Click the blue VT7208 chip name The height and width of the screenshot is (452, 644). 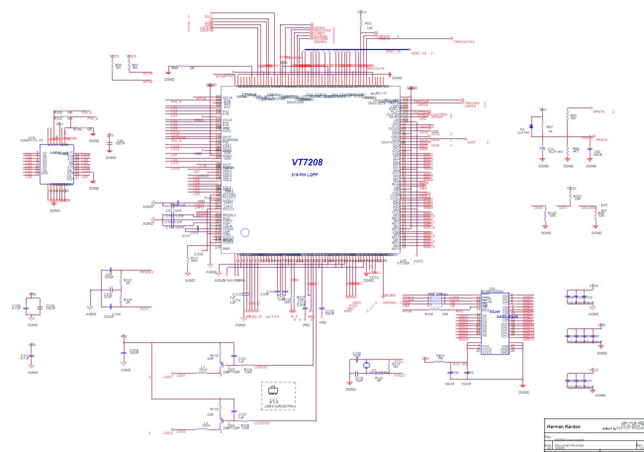pos(307,162)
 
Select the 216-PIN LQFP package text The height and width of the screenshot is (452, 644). pos(304,175)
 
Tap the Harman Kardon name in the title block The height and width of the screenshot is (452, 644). pos(563,426)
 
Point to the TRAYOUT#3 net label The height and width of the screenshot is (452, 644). pos(463,42)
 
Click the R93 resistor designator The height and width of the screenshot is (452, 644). pos(368,23)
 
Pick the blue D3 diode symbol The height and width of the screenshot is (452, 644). pos(531,126)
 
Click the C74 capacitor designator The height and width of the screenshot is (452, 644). pos(551,149)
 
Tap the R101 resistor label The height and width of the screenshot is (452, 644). pos(578,196)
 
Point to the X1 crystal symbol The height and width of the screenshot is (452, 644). pos(367,366)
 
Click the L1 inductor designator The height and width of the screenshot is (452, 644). pos(203,367)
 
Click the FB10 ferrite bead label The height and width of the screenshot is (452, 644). pos(440,355)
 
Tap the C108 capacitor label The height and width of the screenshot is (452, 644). pos(134,350)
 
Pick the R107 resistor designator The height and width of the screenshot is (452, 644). pos(128,280)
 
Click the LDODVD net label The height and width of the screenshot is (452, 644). pos(262,423)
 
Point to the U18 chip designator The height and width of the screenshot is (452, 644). pos(32,138)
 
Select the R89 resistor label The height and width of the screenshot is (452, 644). pos(175,68)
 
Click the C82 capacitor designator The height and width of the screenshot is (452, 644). pos(597,151)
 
